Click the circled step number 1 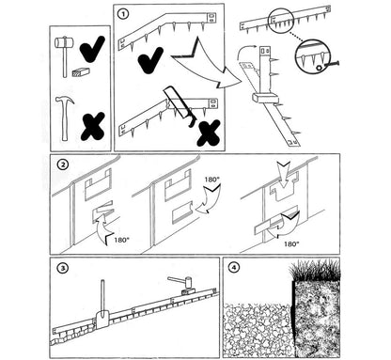point(123,14)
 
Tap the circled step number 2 point(63,164)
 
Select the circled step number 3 point(63,268)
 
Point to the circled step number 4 point(234,268)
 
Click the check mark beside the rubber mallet point(92,48)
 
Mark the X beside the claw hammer point(93,126)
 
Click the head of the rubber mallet point(64,42)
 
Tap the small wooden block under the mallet point(81,72)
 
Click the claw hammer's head point(65,101)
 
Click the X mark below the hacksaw point(210,133)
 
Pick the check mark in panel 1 point(150,59)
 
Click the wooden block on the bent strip point(265,97)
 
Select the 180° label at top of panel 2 point(211,180)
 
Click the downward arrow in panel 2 point(284,174)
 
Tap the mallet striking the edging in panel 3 point(185,283)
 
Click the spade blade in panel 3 point(102,320)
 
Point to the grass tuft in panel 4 point(315,271)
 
